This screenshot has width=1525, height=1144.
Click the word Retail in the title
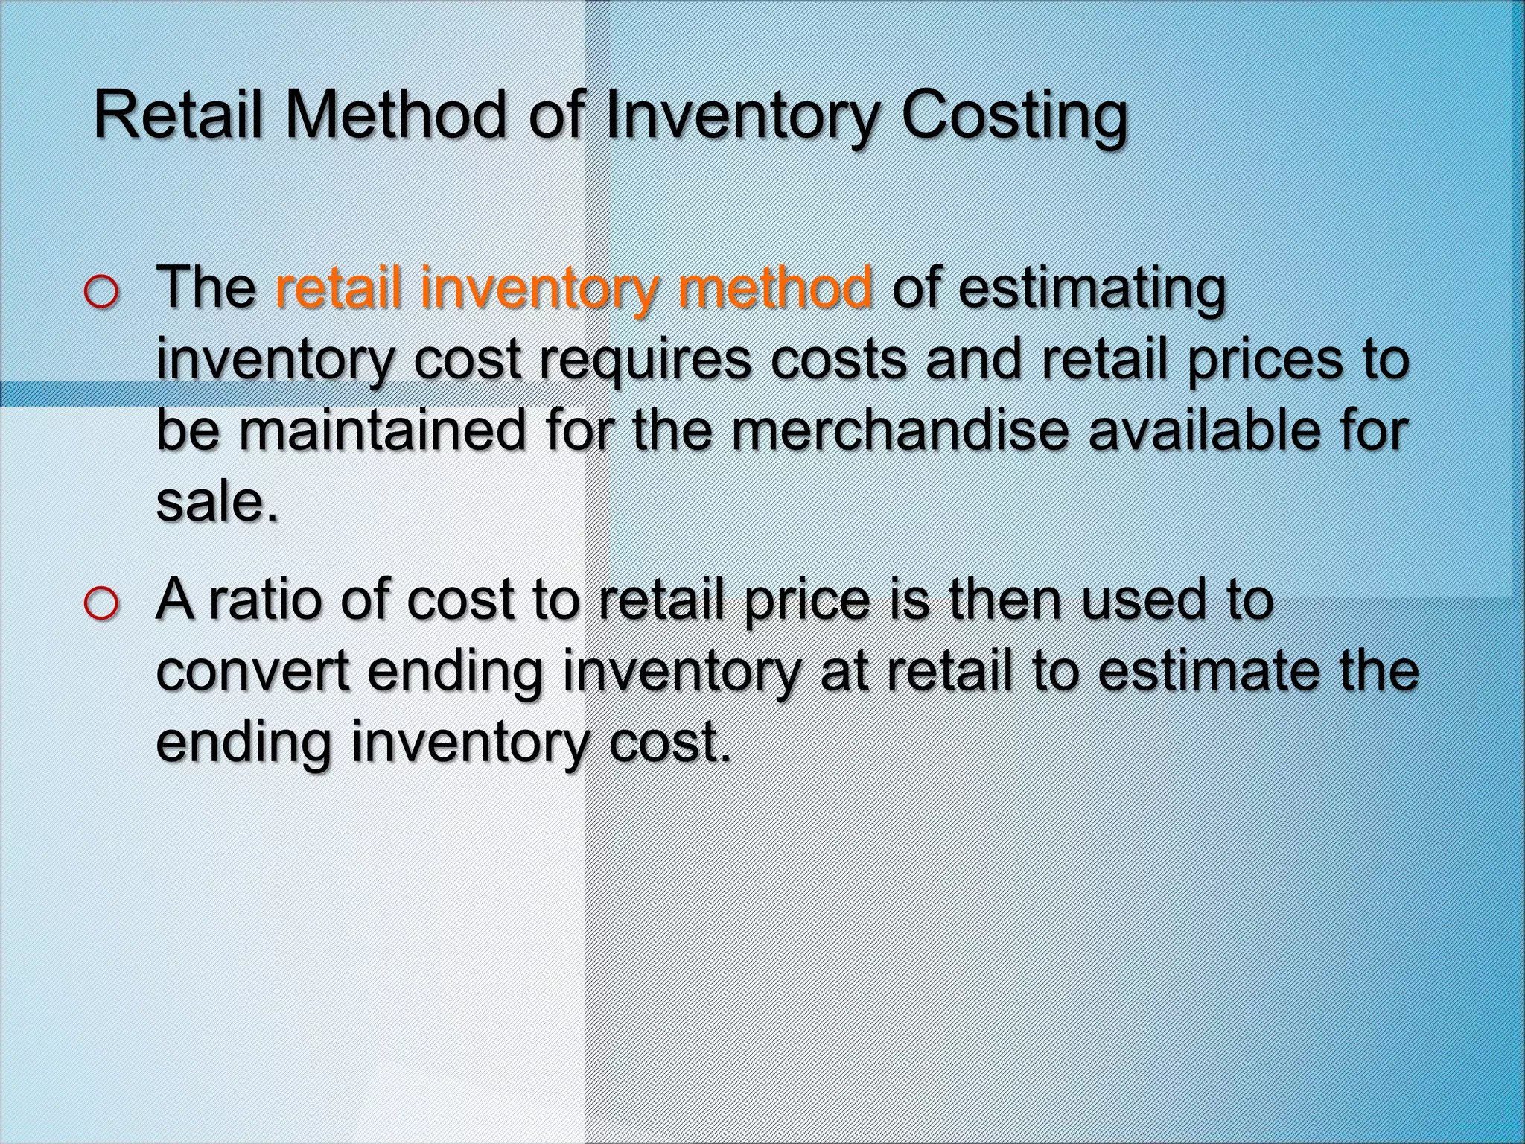179,115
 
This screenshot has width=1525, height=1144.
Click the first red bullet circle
101,293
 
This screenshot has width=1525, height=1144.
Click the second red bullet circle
101,604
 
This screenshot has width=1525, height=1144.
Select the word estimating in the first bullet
1092,290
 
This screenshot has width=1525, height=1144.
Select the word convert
252,671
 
